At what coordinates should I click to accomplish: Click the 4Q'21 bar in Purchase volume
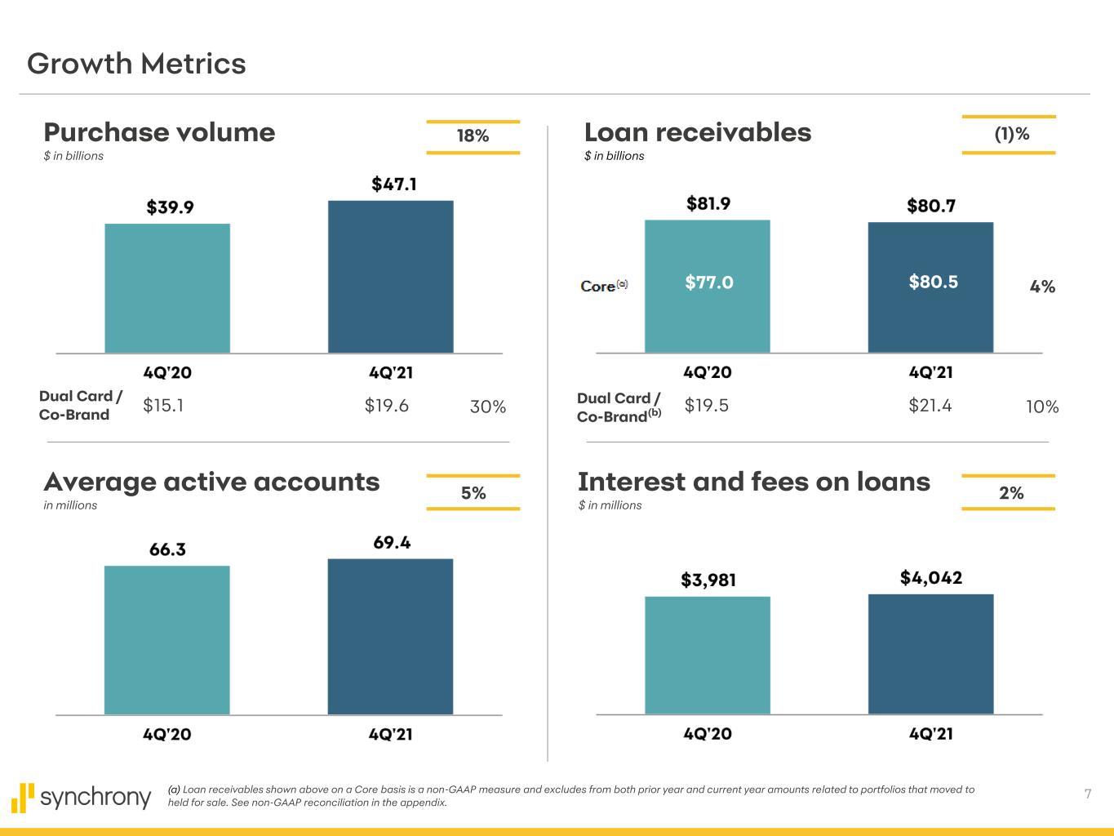(x=390, y=277)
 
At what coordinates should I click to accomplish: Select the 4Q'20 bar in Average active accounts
(x=166, y=640)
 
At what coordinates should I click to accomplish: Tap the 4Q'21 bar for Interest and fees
(x=930, y=654)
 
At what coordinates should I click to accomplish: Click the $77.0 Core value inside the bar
(x=708, y=282)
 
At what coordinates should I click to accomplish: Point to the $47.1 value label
(x=394, y=185)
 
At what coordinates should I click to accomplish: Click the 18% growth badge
(x=473, y=136)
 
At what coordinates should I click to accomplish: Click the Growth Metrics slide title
(x=136, y=64)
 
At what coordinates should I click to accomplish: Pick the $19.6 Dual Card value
(x=386, y=406)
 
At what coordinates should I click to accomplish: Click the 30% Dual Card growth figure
(x=488, y=407)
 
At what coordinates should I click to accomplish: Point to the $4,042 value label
(x=930, y=578)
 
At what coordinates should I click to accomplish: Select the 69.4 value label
(x=391, y=543)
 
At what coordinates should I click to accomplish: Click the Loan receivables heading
(x=698, y=132)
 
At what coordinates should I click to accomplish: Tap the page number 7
(x=1087, y=794)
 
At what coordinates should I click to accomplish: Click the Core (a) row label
(x=603, y=286)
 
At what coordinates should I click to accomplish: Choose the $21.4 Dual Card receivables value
(x=930, y=406)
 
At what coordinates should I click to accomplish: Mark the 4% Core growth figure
(x=1042, y=287)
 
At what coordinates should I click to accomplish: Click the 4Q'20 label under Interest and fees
(x=707, y=734)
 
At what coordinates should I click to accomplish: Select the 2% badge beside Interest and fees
(x=1010, y=492)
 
